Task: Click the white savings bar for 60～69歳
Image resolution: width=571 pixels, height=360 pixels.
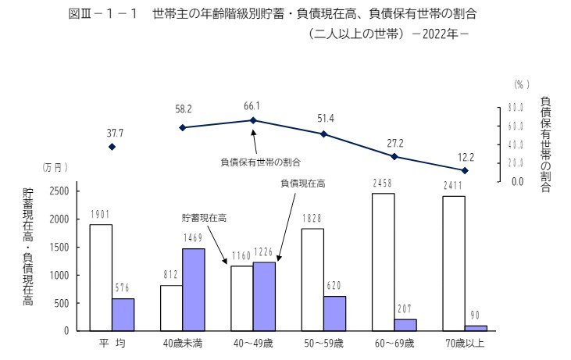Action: coord(383,262)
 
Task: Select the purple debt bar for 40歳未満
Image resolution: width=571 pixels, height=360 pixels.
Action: coord(194,290)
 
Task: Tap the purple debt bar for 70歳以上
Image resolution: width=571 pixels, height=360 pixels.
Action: coord(476,328)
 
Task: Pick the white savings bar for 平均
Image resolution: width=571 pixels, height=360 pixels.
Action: coord(100,277)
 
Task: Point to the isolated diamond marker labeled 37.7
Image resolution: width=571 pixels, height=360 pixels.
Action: coord(112,147)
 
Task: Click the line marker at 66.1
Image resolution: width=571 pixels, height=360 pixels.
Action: coord(253,120)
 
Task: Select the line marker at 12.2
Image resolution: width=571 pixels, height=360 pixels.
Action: coord(465,170)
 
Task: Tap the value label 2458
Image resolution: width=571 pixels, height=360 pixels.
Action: coord(383,184)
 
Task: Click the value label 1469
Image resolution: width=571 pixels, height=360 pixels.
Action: coord(194,239)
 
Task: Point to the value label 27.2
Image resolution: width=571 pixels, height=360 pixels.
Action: coord(395,144)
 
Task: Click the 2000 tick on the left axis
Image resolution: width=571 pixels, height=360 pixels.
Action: coord(60,219)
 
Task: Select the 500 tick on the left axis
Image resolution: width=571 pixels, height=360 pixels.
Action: coord(62,303)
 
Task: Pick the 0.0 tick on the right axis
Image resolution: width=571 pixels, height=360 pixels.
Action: coord(516,182)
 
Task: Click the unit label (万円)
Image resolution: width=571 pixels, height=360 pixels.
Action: coord(55,167)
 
